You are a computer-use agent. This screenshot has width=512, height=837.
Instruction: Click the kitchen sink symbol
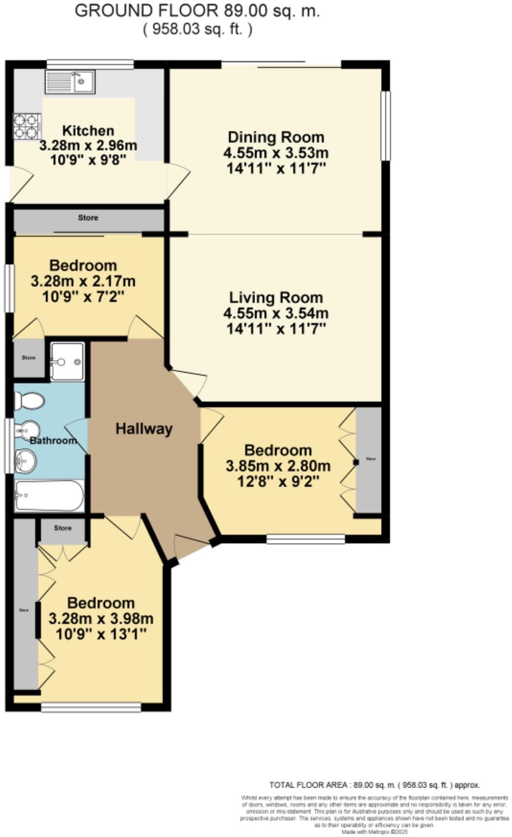tap(70, 81)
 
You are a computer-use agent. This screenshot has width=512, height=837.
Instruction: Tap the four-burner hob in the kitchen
tap(26, 126)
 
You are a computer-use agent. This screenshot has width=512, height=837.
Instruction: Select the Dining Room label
tap(276, 137)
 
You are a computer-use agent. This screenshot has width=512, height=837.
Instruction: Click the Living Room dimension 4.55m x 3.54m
tap(276, 313)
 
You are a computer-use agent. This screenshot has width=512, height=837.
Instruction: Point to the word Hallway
tap(144, 429)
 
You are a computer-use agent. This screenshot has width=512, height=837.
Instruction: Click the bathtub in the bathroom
tap(49, 495)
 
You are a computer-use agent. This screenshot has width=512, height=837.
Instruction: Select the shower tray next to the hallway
tap(67, 362)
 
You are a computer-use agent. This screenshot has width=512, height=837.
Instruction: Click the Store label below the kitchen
tap(88, 218)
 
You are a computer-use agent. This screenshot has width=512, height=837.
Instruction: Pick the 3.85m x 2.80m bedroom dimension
tap(277, 466)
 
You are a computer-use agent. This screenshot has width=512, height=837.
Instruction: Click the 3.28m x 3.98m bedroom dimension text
tap(101, 618)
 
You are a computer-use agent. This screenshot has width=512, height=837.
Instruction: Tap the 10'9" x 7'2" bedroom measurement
tap(83, 297)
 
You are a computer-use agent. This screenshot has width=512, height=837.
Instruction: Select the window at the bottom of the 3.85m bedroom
tap(305, 539)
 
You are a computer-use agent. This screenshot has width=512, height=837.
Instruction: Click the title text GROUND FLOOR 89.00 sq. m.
tap(197, 11)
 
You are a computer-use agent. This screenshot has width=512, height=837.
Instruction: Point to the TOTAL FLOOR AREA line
tap(375, 785)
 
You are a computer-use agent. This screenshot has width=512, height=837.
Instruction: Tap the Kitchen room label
tap(88, 131)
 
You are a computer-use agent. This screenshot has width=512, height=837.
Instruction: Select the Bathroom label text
tap(53, 441)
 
